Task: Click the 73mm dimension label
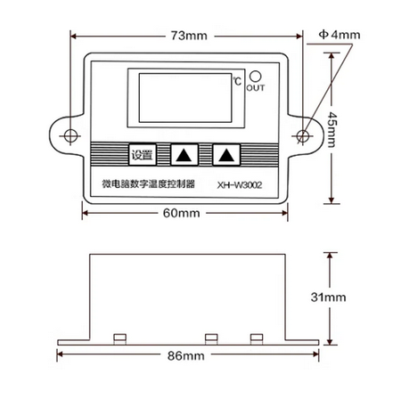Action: click(x=189, y=36)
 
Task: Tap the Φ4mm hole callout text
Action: click(x=340, y=35)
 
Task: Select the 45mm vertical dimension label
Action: click(x=331, y=129)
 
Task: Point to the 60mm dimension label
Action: click(x=182, y=213)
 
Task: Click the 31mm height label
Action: click(x=329, y=297)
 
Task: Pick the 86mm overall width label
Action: click(x=186, y=355)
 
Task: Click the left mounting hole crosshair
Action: click(x=70, y=136)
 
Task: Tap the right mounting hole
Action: click(x=303, y=136)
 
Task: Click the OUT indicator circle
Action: click(x=256, y=77)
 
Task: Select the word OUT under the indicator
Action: click(x=256, y=88)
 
